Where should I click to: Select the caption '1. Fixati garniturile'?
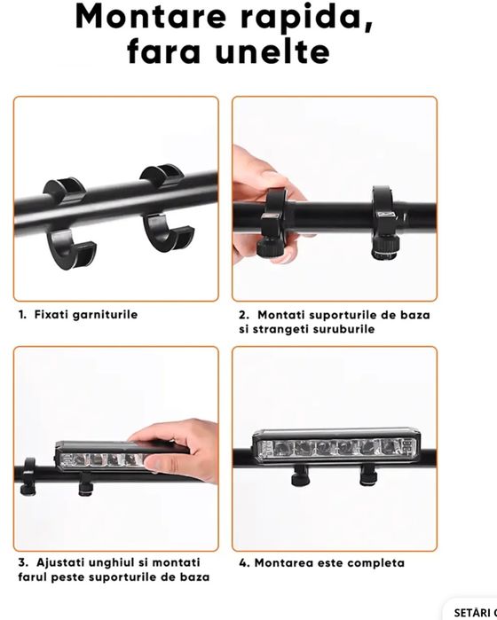pyautogui.click(x=77, y=314)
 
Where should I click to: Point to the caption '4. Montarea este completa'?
pyautogui.click(x=321, y=562)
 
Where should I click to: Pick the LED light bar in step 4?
pyautogui.click(x=335, y=447)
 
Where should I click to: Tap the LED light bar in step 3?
pyautogui.click(x=98, y=455)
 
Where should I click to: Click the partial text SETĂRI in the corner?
pyautogui.click(x=474, y=613)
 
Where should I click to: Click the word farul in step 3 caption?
pyautogui.click(x=32, y=577)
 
